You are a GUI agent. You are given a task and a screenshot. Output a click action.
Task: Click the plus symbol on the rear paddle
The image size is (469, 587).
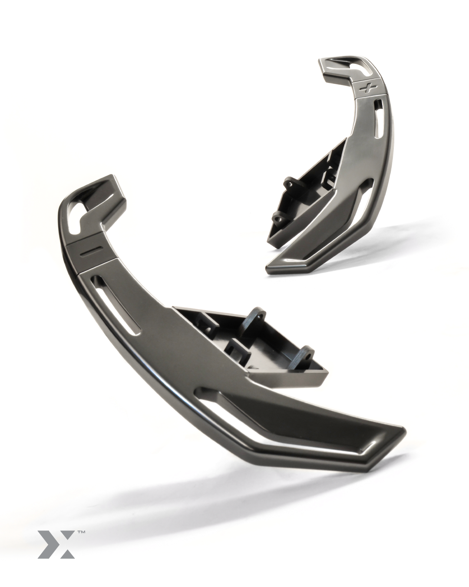pyautogui.click(x=367, y=88)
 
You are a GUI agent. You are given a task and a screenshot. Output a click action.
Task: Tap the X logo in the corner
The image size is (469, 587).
pyautogui.click(x=56, y=544)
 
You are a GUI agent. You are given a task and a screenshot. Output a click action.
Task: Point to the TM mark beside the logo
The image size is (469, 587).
pyautogui.click(x=81, y=531)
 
